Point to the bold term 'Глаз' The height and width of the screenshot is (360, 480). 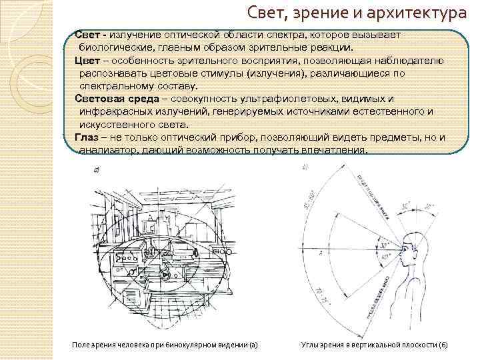tap(87, 137)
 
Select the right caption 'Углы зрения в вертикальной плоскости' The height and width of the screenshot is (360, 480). tap(375, 344)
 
